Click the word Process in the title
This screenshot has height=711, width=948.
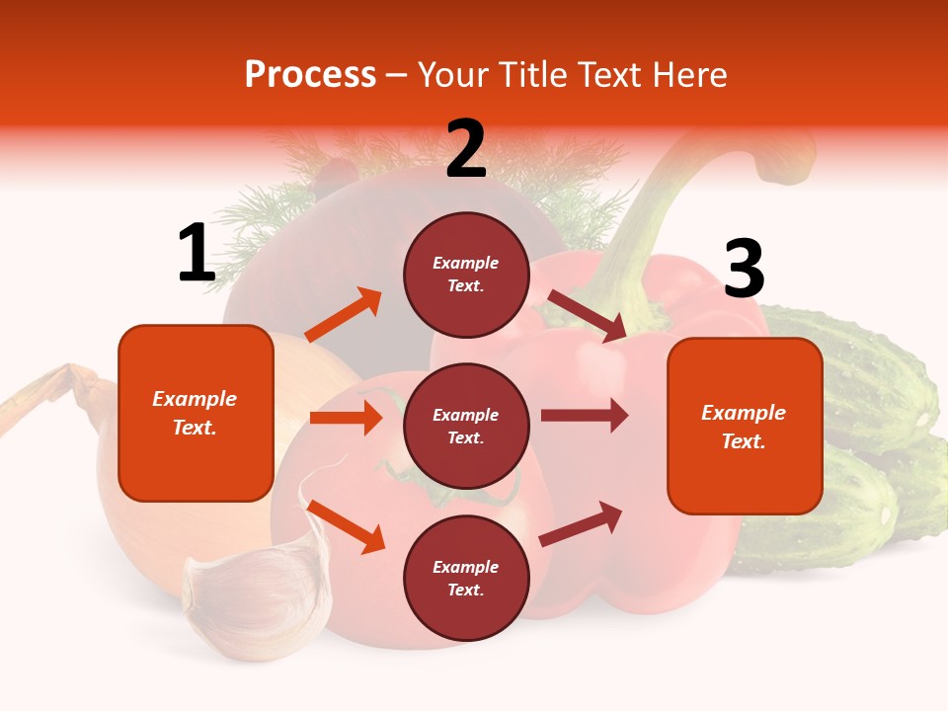[x=310, y=75]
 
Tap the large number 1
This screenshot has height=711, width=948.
[x=197, y=254]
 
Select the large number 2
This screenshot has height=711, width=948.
[x=466, y=150]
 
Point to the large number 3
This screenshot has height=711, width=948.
[x=744, y=269]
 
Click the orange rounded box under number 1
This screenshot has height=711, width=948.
[x=196, y=413]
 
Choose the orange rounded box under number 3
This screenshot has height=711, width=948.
[x=745, y=427]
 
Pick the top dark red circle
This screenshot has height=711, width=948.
[x=466, y=275]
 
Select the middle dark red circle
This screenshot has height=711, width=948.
[x=466, y=427]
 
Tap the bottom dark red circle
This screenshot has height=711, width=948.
[x=466, y=579]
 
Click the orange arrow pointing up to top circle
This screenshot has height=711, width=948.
[x=344, y=315]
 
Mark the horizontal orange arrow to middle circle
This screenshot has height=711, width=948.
[x=346, y=418]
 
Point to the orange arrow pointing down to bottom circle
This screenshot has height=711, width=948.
[x=346, y=525]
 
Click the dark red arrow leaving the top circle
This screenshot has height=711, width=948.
[x=587, y=315]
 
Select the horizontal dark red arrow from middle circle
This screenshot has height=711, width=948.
[x=585, y=415]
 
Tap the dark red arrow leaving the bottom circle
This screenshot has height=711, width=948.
[x=582, y=524]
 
